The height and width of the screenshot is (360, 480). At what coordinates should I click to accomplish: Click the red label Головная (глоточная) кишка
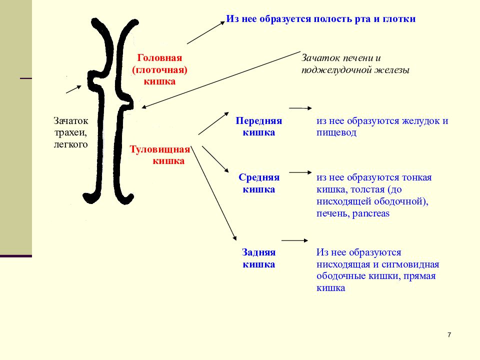coord(159,69)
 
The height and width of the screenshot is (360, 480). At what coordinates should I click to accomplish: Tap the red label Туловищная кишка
coord(160,155)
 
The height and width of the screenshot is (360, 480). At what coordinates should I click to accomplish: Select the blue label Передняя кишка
coord(258,126)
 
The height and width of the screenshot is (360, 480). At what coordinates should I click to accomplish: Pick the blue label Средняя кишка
coord(259,183)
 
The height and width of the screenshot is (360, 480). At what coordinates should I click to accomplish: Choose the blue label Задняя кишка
coord(258,258)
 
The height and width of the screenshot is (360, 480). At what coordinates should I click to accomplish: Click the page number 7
coord(449,335)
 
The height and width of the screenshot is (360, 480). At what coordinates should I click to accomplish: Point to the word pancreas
coord(370,213)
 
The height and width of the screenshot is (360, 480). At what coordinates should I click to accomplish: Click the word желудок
coord(420,120)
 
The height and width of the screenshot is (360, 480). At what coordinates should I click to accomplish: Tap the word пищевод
coord(336,132)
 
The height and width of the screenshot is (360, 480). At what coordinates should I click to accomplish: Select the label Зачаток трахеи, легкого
coord(70,132)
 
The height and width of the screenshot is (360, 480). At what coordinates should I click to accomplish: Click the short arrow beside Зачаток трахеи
coord(74,89)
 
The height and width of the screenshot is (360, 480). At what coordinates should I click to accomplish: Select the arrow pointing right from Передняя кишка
coord(300,108)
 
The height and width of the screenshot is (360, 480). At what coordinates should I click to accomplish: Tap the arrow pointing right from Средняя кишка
coord(300,172)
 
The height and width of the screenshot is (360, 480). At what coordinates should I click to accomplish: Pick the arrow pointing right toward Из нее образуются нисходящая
coord(294,240)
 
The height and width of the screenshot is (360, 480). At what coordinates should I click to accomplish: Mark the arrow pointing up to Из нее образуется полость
coord(206,32)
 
